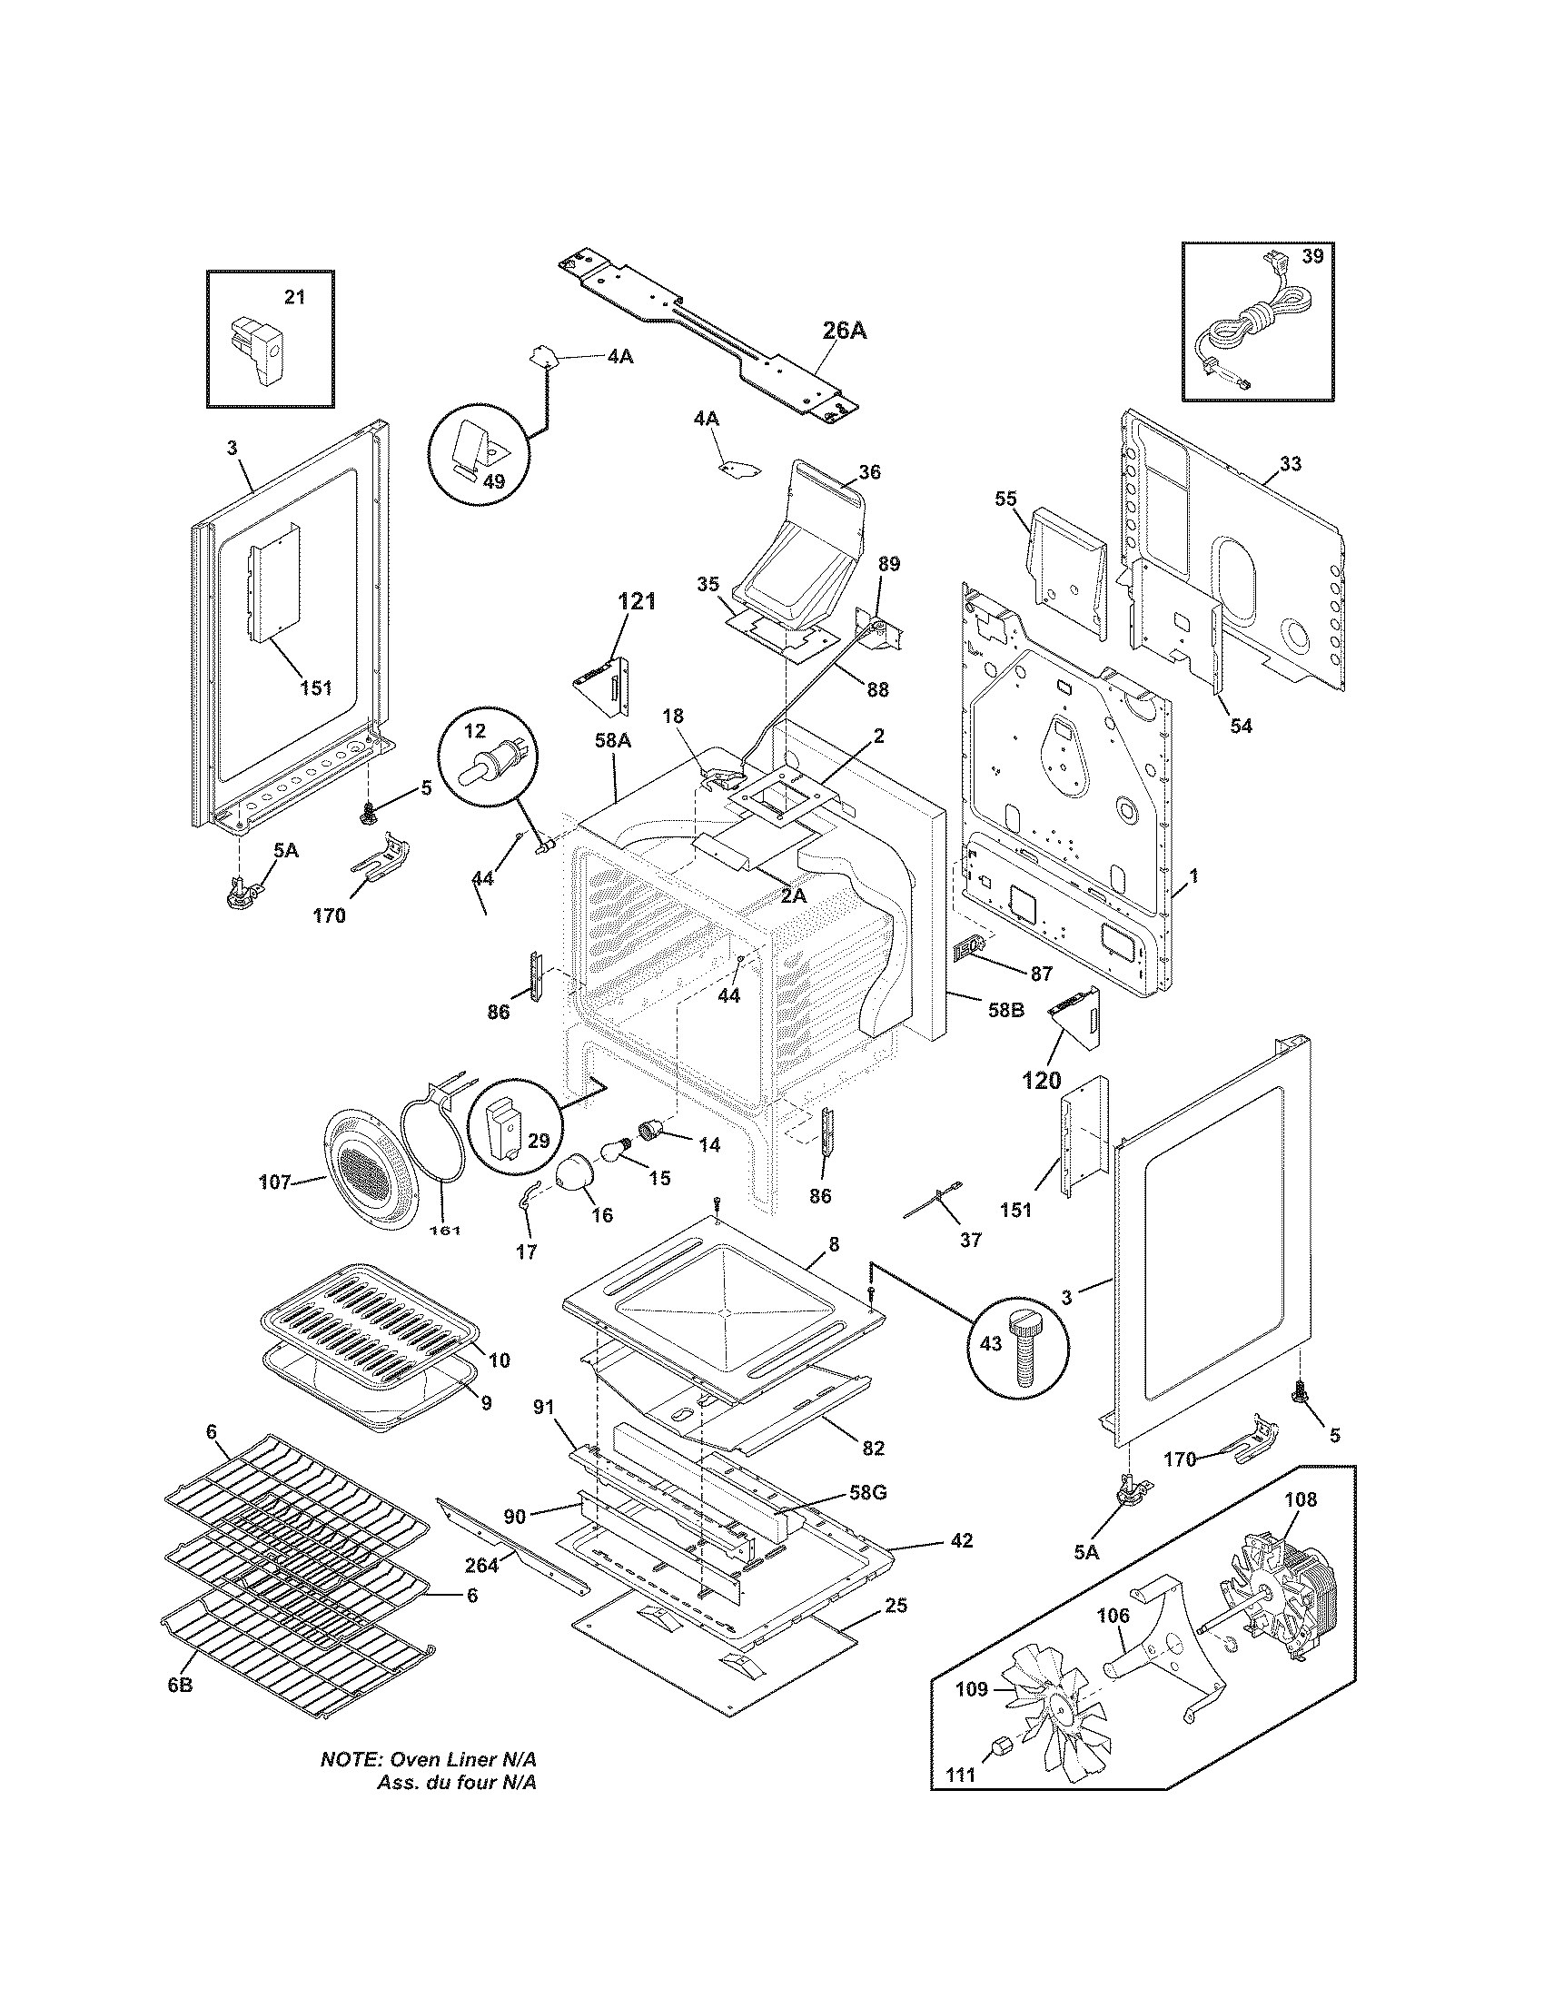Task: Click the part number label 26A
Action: click(x=844, y=331)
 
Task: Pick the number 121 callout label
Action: click(x=637, y=601)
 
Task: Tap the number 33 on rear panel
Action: click(x=1290, y=464)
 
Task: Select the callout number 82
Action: click(x=873, y=1449)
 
